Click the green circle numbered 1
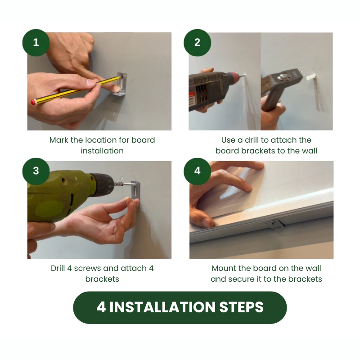[x=36, y=42]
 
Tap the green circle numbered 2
[x=197, y=42]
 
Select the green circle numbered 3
[x=36, y=171]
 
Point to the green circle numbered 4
[x=197, y=171]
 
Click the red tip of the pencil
[x=33, y=102]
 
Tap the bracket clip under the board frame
[x=275, y=224]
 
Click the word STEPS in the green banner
[x=241, y=307]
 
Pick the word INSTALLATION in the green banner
[x=162, y=307]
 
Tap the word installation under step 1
[x=102, y=151]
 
